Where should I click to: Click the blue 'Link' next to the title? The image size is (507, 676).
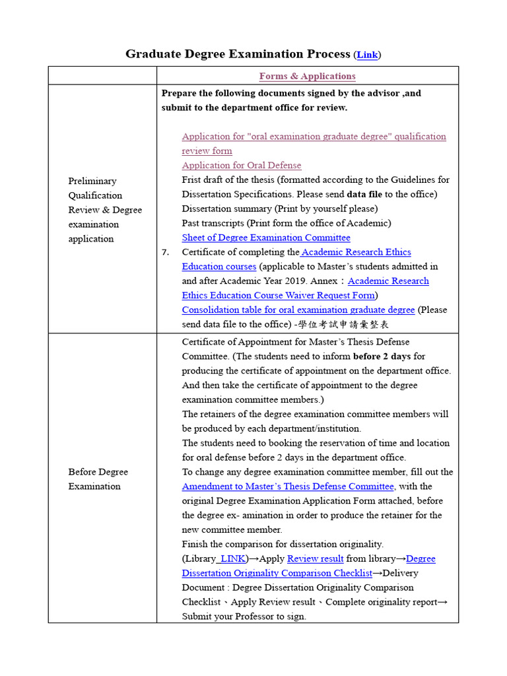pyautogui.click(x=368, y=55)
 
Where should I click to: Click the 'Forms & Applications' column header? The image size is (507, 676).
pyautogui.click(x=307, y=76)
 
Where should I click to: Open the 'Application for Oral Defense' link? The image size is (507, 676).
pyautogui.click(x=242, y=165)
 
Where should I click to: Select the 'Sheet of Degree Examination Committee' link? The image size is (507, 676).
pyautogui.click(x=266, y=238)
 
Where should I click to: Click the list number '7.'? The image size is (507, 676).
pyautogui.click(x=166, y=252)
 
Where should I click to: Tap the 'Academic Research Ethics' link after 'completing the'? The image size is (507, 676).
pyautogui.click(x=356, y=252)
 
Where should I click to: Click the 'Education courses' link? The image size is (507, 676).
pyautogui.click(x=219, y=267)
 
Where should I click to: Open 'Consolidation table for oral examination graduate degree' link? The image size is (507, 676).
pyautogui.click(x=298, y=310)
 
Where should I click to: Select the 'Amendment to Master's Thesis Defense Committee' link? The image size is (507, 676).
pyautogui.click(x=288, y=487)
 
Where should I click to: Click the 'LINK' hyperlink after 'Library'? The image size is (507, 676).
pyautogui.click(x=232, y=558)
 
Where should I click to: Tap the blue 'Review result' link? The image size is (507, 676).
pyautogui.click(x=315, y=558)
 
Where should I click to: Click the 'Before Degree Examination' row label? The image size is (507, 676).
pyautogui.click(x=98, y=479)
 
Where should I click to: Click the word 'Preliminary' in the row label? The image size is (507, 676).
pyautogui.click(x=92, y=181)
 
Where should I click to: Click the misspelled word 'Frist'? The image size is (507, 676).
pyautogui.click(x=193, y=180)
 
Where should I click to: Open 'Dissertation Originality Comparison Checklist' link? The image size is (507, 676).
pyautogui.click(x=277, y=573)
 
